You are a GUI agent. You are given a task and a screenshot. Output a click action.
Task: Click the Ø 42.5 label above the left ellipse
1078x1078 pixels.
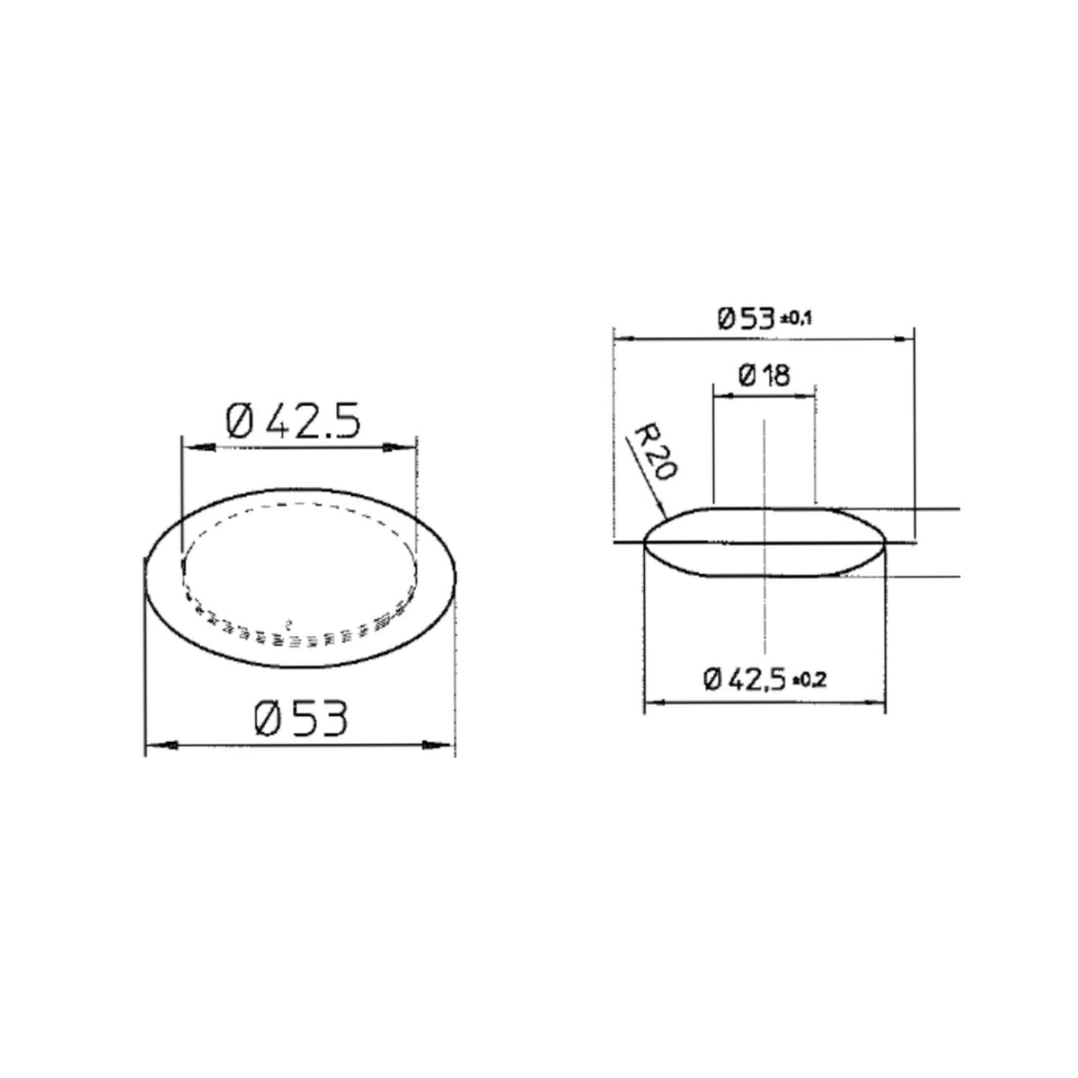pos(293,421)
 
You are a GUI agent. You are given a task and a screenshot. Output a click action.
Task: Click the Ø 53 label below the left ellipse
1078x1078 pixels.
pos(301,719)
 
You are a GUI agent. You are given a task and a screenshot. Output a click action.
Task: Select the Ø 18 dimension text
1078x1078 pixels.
pos(764,376)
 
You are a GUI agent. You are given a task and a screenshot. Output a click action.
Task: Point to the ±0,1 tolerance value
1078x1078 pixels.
pos(796,319)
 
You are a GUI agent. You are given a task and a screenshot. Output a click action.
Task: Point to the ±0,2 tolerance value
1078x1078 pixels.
pos(809,680)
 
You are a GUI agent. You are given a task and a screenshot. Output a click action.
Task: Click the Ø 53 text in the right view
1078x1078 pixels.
pos(747,319)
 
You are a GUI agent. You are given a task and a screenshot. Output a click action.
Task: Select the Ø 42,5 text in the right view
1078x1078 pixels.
pos(745,679)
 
